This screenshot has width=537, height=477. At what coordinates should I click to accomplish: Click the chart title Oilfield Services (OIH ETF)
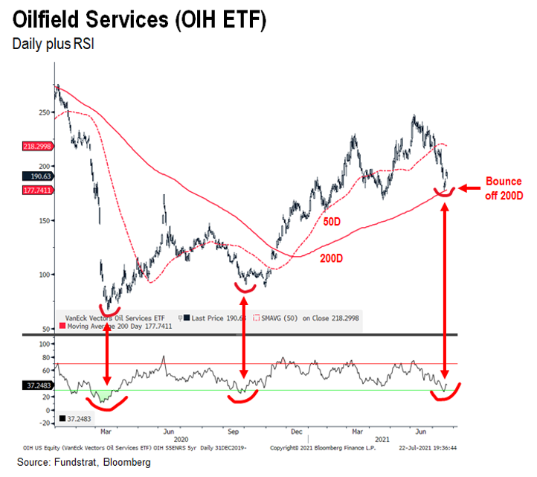[x=139, y=19]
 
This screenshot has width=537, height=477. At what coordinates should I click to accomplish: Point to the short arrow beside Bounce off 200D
[x=468, y=189]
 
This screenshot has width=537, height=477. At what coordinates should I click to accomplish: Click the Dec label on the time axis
[x=297, y=430]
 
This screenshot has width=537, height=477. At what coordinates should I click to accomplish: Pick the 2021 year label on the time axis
[x=382, y=439]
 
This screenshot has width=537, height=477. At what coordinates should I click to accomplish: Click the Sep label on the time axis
[x=233, y=430]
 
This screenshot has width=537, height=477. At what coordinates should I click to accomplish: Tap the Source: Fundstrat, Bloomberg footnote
[x=76, y=463]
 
